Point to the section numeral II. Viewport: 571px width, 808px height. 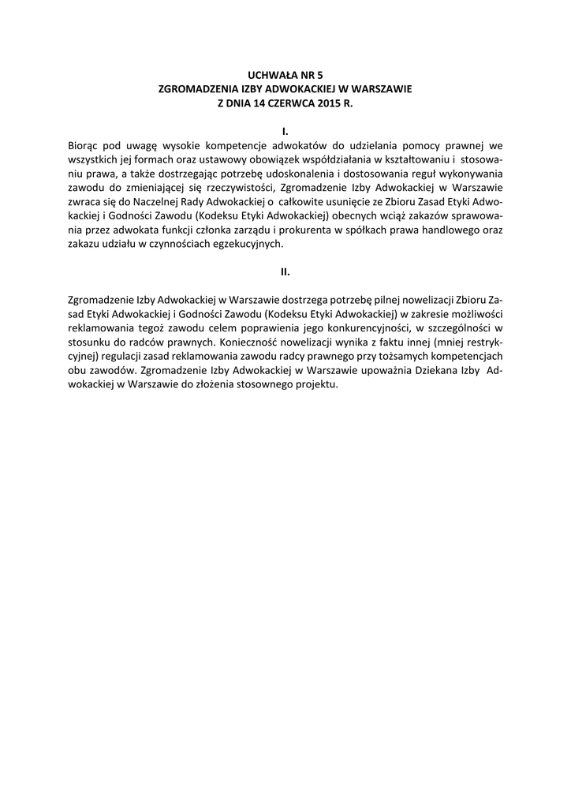(285, 272)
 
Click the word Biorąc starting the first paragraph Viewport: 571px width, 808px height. (84, 145)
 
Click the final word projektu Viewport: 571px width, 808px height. (315, 386)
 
